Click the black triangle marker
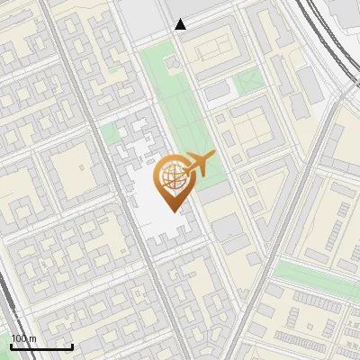click(181, 24)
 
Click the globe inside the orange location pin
click(172, 178)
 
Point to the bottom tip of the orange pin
click(172, 210)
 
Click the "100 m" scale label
click(23, 338)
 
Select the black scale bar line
click(41, 346)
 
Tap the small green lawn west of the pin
click(109, 135)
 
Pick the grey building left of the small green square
click(219, 90)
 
